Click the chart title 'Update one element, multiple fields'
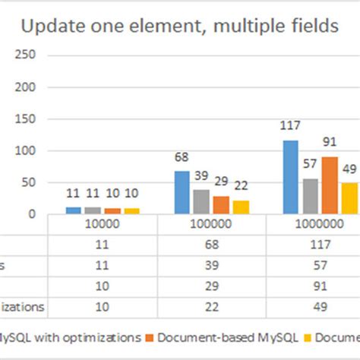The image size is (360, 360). click(179, 27)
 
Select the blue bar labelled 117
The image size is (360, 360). click(290, 177)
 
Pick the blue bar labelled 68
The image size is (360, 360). click(182, 192)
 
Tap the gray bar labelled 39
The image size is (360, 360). click(201, 201)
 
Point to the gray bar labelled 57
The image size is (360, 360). click(310, 196)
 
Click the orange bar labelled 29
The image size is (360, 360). click(221, 204)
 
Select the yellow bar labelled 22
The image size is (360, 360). click(241, 207)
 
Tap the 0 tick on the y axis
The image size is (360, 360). click(32, 214)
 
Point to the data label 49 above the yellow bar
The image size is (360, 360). click(349, 169)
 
